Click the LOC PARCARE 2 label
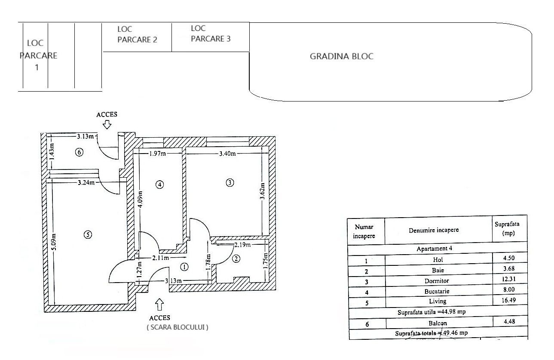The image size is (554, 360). click(137, 34)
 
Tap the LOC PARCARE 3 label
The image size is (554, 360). click(210, 34)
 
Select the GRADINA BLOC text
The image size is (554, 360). click(342, 56)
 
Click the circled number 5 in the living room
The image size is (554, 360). click(88, 234)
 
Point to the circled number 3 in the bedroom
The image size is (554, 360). click(230, 182)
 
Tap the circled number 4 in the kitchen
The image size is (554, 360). click(159, 185)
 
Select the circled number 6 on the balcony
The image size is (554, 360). click(79, 152)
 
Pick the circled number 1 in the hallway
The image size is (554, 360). click(184, 267)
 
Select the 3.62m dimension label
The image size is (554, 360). click(263, 192)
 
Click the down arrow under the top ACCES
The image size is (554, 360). click(107, 124)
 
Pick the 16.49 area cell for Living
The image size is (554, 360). click(509, 301)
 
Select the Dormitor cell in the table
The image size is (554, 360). click(438, 281)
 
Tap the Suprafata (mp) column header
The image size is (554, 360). click(509, 229)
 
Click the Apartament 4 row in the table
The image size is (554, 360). click(437, 249)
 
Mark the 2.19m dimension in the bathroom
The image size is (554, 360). click(241, 245)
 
